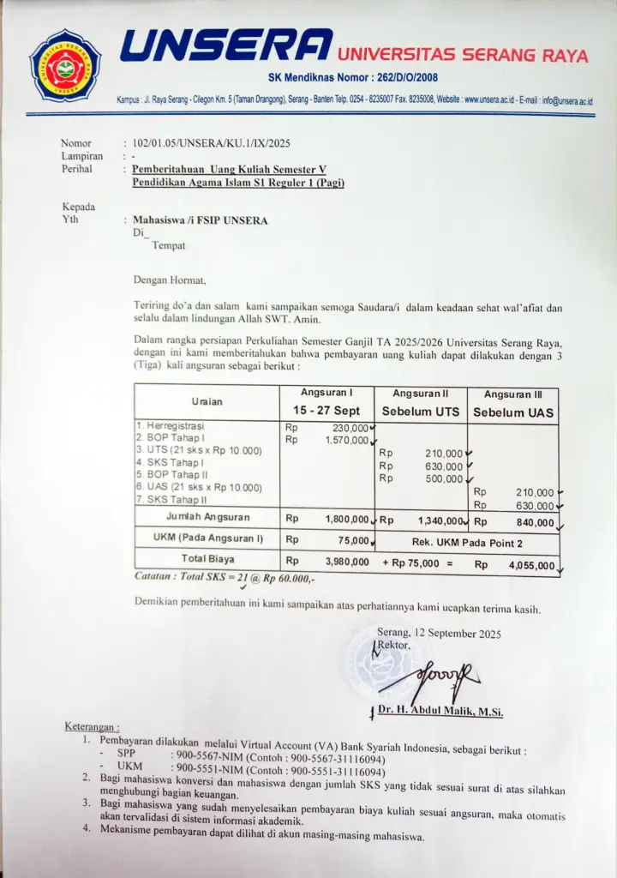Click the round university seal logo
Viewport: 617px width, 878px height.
tap(65, 65)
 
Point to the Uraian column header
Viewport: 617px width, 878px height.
tap(207, 401)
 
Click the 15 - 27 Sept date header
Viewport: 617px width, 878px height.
tap(326, 411)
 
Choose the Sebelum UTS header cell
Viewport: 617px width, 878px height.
tap(420, 412)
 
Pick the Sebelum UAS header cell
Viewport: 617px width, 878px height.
tap(513, 412)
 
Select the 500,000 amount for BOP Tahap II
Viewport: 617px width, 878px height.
tap(443, 478)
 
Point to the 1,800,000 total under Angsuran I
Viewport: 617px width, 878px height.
tap(346, 519)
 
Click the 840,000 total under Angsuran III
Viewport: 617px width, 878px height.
tap(533, 521)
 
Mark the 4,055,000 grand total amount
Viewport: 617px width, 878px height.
tap(530, 566)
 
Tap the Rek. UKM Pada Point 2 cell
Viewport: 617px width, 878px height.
tap(467, 542)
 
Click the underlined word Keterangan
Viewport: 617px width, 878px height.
tap(92, 726)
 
